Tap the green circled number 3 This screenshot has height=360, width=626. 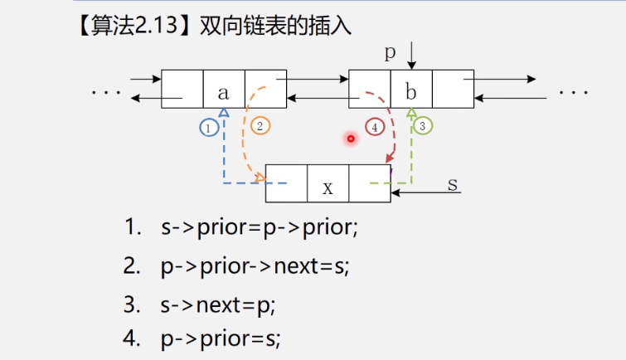(422, 126)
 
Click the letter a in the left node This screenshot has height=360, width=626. (223, 92)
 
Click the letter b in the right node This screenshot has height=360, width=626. (411, 92)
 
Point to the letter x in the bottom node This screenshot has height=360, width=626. (328, 188)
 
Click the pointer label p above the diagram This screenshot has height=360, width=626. (391, 53)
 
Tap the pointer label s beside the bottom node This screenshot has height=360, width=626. (453, 183)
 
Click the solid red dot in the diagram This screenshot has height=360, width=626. (351, 139)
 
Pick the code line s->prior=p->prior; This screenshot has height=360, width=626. (260, 227)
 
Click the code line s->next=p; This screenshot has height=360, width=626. (218, 304)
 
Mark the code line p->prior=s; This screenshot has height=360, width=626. (221, 338)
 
